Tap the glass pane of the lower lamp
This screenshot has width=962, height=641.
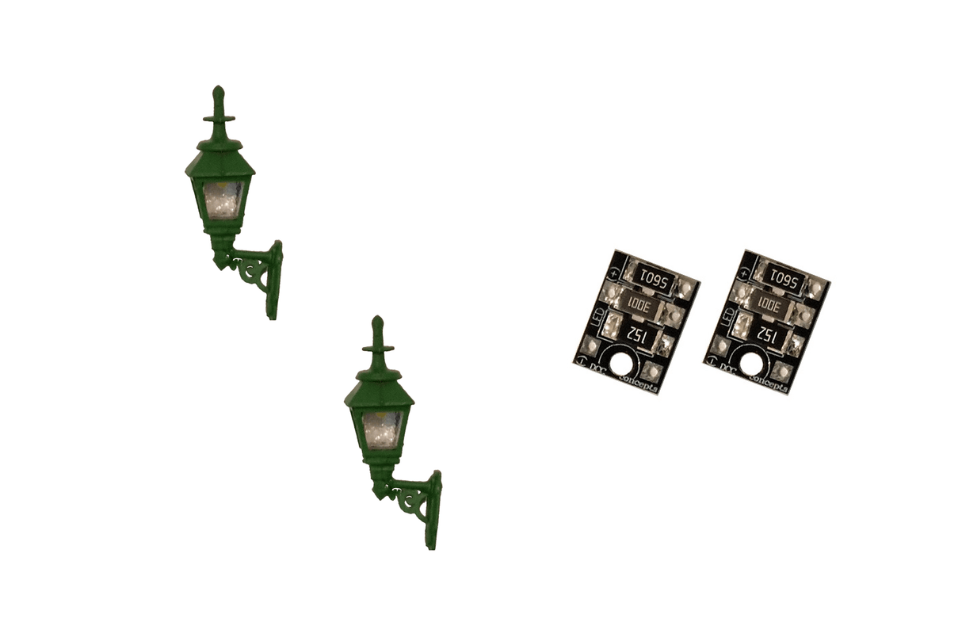tap(382, 429)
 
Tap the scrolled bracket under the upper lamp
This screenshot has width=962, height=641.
tap(252, 269)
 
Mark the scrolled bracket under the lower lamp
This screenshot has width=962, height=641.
tap(411, 499)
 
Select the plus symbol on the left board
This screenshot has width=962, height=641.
tap(613, 273)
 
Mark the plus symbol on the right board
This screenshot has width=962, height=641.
tap(743, 273)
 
